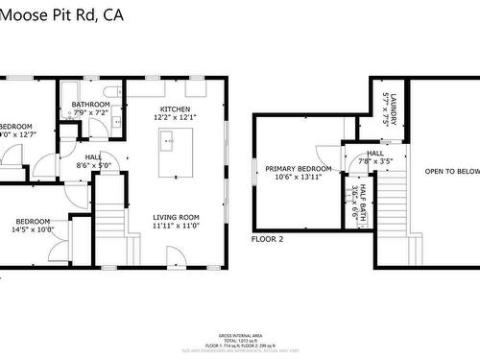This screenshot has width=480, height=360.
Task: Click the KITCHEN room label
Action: tap(175, 109)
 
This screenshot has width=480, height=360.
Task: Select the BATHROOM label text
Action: tap(90, 105)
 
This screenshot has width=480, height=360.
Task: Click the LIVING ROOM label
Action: tap(176, 217)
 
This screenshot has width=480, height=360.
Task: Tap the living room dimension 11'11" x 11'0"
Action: tap(176, 227)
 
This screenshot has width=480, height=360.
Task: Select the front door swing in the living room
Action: tap(175, 257)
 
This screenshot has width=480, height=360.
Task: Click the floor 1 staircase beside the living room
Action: tap(112, 225)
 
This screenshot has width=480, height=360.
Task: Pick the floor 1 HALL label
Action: tap(93, 156)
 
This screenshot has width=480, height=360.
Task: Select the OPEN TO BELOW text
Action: tap(452, 172)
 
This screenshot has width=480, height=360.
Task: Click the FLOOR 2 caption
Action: tap(268, 238)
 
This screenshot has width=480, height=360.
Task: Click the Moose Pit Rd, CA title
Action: tap(62, 14)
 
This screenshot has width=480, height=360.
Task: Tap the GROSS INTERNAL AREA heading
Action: tap(239, 332)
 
